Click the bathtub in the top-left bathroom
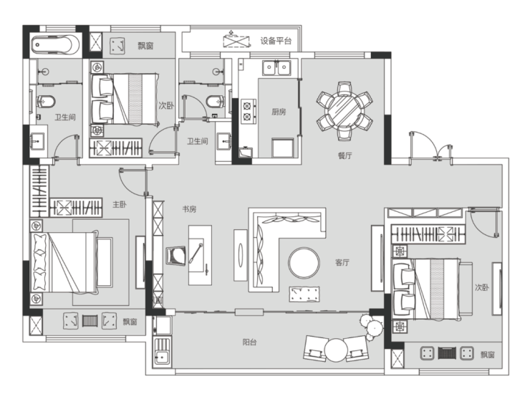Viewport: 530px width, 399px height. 55,44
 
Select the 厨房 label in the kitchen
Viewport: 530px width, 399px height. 279,112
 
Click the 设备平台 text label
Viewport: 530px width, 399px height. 276,41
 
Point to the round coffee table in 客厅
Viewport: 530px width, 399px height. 304,263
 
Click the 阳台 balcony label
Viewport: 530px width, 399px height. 249,342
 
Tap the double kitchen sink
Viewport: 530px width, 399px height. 277,67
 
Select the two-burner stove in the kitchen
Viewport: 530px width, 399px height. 248,111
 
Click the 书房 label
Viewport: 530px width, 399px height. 189,209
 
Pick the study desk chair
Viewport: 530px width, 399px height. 176,256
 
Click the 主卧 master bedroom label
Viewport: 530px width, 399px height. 120,204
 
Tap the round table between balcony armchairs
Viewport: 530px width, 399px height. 336,350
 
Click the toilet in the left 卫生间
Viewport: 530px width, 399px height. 46,101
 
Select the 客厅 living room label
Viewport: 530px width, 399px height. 342,262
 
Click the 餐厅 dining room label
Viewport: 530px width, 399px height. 344,155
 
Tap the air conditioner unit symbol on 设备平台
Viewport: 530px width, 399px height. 236,41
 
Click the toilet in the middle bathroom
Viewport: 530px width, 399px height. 215,101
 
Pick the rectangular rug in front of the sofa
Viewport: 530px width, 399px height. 304,294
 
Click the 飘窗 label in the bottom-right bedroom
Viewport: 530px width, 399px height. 488,355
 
